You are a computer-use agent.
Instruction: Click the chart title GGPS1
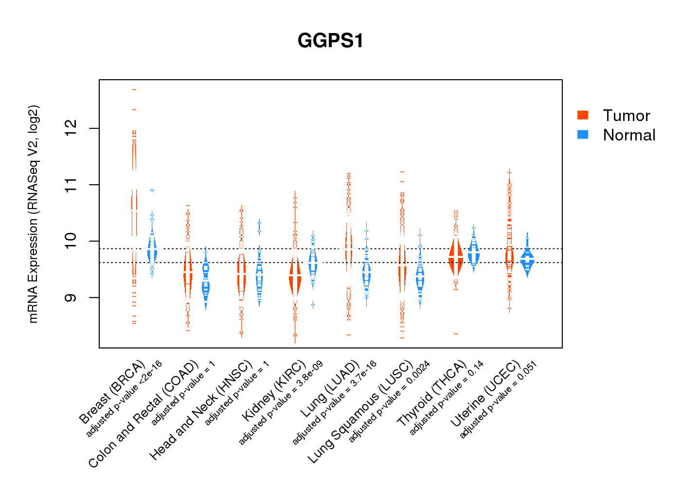(x=330, y=41)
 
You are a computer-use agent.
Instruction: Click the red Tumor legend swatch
(x=583, y=115)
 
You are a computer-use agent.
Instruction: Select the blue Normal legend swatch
(x=583, y=135)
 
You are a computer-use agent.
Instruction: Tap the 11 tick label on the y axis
(x=71, y=185)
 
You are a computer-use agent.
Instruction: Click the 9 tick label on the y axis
(x=71, y=297)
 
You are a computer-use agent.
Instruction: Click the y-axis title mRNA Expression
(x=33, y=214)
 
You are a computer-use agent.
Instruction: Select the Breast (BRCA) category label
(x=112, y=392)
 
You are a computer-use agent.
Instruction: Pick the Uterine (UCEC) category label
(x=485, y=395)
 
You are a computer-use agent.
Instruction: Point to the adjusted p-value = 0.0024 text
(x=389, y=401)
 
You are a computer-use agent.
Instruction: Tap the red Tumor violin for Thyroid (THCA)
(x=456, y=258)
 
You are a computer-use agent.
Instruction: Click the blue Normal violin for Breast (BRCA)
(x=152, y=250)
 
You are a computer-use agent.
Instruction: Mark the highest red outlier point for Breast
(x=134, y=89)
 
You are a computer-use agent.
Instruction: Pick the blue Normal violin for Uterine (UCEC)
(x=527, y=260)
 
